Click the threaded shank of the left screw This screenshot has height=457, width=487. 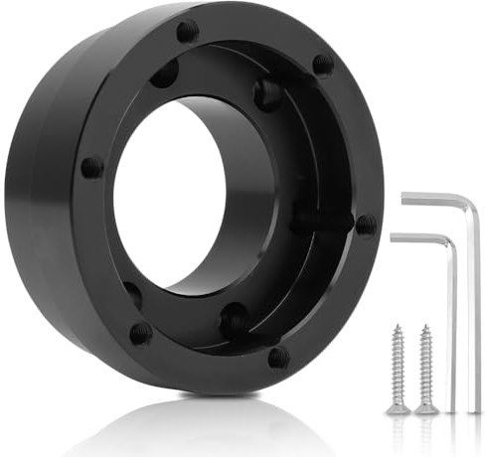click(398, 363)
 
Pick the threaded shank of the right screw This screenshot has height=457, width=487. click(426, 363)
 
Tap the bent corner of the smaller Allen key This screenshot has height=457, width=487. click(448, 241)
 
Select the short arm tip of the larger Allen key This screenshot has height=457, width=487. click(405, 198)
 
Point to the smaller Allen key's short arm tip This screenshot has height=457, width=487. click(394, 236)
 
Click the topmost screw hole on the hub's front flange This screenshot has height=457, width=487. click(187, 31)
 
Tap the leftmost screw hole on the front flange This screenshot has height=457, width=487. click(90, 167)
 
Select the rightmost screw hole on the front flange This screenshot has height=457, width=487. click(366, 224)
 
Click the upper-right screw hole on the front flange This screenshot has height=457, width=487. click(322, 66)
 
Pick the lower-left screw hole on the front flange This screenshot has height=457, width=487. click(140, 333)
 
